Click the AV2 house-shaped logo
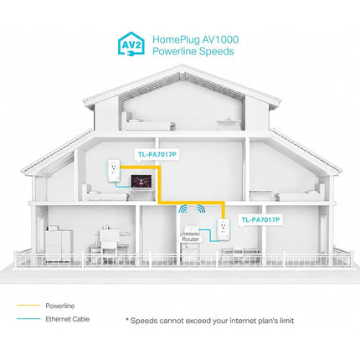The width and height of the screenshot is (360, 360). pyautogui.click(x=131, y=44)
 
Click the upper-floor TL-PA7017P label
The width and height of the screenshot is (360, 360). pyautogui.click(x=157, y=154)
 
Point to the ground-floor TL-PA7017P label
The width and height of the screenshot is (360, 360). pyautogui.click(x=260, y=220)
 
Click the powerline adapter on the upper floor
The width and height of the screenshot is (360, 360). pyautogui.click(x=113, y=170)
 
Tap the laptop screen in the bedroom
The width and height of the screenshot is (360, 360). pyautogui.click(x=141, y=182)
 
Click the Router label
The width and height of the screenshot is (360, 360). pyautogui.click(x=191, y=239)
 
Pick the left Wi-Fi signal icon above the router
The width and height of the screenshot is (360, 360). pyautogui.click(x=183, y=209)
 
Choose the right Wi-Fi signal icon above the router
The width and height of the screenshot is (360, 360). pyautogui.click(x=201, y=209)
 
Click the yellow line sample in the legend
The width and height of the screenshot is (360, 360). pyautogui.click(x=28, y=306)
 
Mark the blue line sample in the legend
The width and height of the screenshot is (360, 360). pyautogui.click(x=28, y=319)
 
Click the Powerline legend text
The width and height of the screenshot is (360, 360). pyautogui.click(x=60, y=306)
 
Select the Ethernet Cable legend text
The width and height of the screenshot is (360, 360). pyautogui.click(x=68, y=319)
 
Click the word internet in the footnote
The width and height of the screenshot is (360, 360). pyautogui.click(x=243, y=321)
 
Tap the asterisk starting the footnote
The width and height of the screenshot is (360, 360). pyautogui.click(x=127, y=320)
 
